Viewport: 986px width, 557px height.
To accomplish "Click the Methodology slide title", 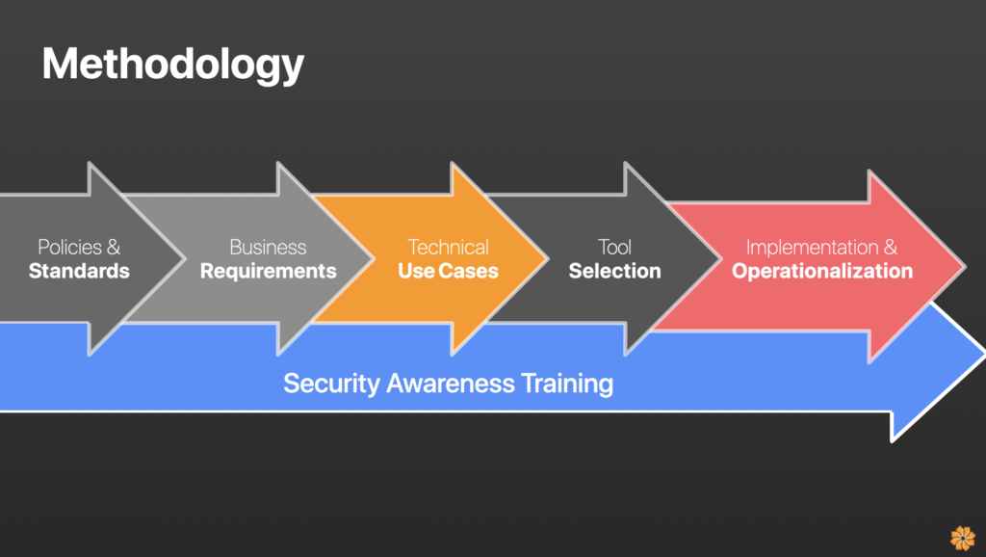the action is [x=173, y=66].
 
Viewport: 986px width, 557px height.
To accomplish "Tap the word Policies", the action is [x=69, y=248].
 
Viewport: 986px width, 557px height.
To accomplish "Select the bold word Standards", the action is [x=79, y=271].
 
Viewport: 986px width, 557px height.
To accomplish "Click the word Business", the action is [x=268, y=248].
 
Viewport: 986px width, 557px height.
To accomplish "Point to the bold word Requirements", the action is [x=269, y=271].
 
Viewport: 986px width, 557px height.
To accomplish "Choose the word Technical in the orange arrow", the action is [x=449, y=248].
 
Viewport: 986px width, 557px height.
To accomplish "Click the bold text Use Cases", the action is [x=449, y=271].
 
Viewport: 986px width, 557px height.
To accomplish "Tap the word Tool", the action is [x=614, y=248].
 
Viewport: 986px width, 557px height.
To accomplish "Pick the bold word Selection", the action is [x=615, y=271].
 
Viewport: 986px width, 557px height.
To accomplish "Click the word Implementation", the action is [x=813, y=248].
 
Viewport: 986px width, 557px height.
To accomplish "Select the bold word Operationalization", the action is [x=822, y=271].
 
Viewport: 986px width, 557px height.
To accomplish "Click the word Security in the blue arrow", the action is [x=331, y=384].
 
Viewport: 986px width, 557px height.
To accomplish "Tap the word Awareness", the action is [x=451, y=384].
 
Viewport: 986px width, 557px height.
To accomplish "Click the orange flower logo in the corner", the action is [x=963, y=538].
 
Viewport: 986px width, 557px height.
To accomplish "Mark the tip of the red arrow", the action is [x=965, y=267].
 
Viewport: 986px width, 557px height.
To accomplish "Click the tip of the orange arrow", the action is [x=548, y=258].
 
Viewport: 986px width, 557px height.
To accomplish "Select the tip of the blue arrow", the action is [x=985, y=355].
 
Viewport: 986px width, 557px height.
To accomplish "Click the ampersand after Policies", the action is [x=114, y=248].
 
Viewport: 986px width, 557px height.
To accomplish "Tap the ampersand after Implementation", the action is [x=891, y=248].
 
